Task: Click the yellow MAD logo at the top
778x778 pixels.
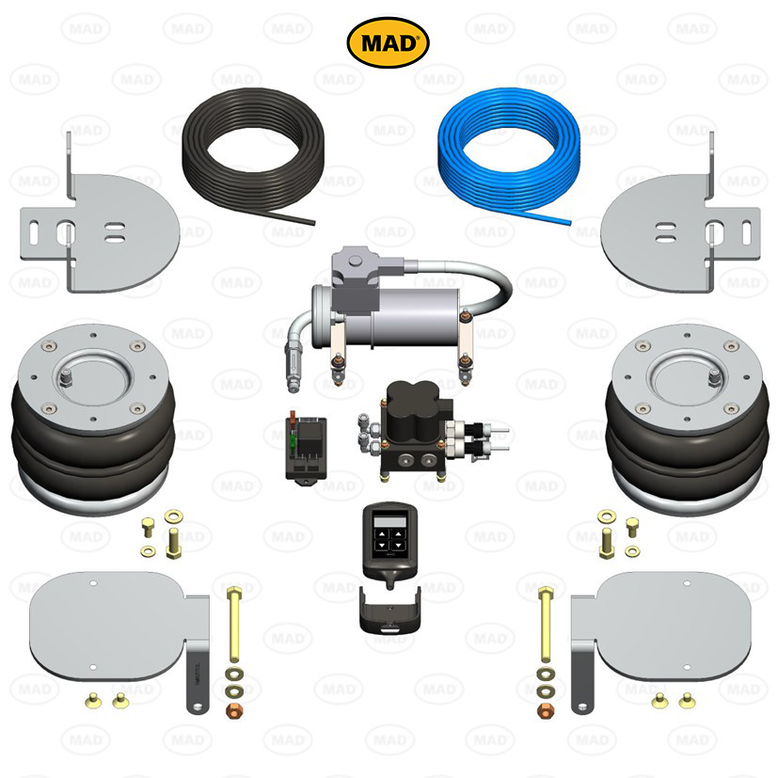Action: pos(388,42)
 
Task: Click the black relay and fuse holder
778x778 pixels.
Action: pos(306,448)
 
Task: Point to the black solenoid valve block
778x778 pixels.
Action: pos(416,429)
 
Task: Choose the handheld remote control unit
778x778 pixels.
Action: pos(389,545)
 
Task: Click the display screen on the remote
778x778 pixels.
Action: pos(390,521)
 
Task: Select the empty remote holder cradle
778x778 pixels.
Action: pos(390,611)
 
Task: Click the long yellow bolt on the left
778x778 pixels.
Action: pos(234,624)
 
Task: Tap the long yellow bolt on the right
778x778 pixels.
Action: pos(546,624)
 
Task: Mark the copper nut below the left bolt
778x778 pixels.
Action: pos(234,710)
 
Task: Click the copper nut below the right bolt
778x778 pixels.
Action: pos(546,710)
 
